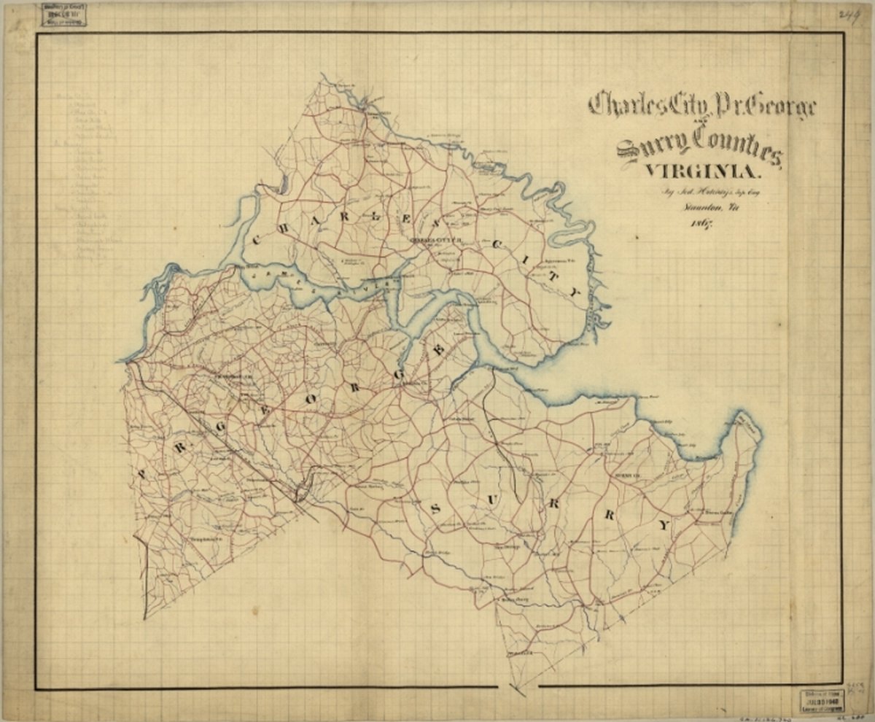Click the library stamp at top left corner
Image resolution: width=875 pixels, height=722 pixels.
pyautogui.click(x=63, y=15)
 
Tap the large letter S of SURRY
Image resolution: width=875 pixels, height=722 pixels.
pyautogui.click(x=436, y=508)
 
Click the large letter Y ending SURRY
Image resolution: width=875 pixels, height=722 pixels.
pyautogui.click(x=662, y=524)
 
